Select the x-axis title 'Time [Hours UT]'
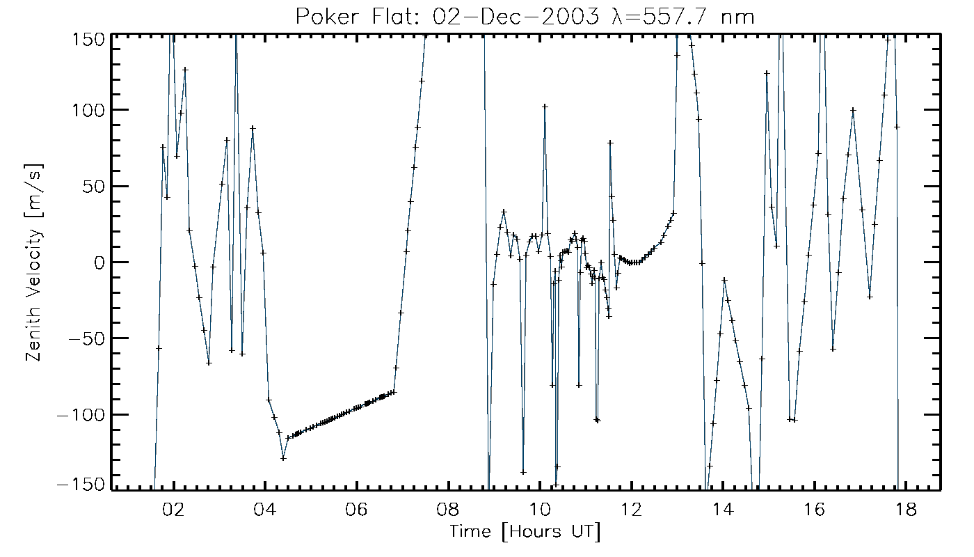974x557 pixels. point(525,532)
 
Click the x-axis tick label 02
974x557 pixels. point(173,509)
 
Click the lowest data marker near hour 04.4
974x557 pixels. point(283,458)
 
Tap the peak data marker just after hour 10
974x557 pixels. point(545,107)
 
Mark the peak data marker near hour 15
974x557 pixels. point(767,73)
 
